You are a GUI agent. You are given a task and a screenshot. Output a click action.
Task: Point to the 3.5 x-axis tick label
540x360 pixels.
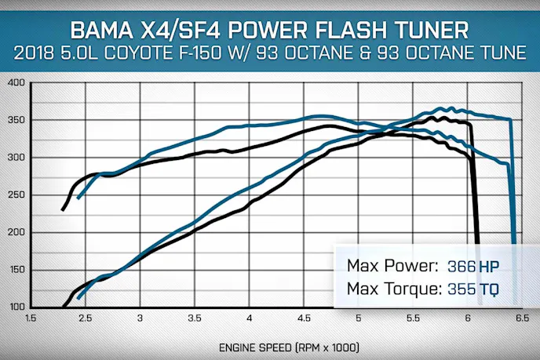tap(195, 318)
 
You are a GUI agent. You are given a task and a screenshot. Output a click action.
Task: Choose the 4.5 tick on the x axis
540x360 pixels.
tap(304, 318)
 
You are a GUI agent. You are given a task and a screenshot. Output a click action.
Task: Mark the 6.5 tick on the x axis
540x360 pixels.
tap(521, 318)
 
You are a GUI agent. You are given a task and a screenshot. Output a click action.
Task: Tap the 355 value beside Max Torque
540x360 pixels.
tap(462, 290)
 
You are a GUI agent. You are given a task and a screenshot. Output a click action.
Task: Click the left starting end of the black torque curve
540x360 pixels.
tap(63, 209)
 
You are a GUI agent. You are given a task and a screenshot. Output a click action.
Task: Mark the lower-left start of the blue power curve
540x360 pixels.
tap(78, 298)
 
